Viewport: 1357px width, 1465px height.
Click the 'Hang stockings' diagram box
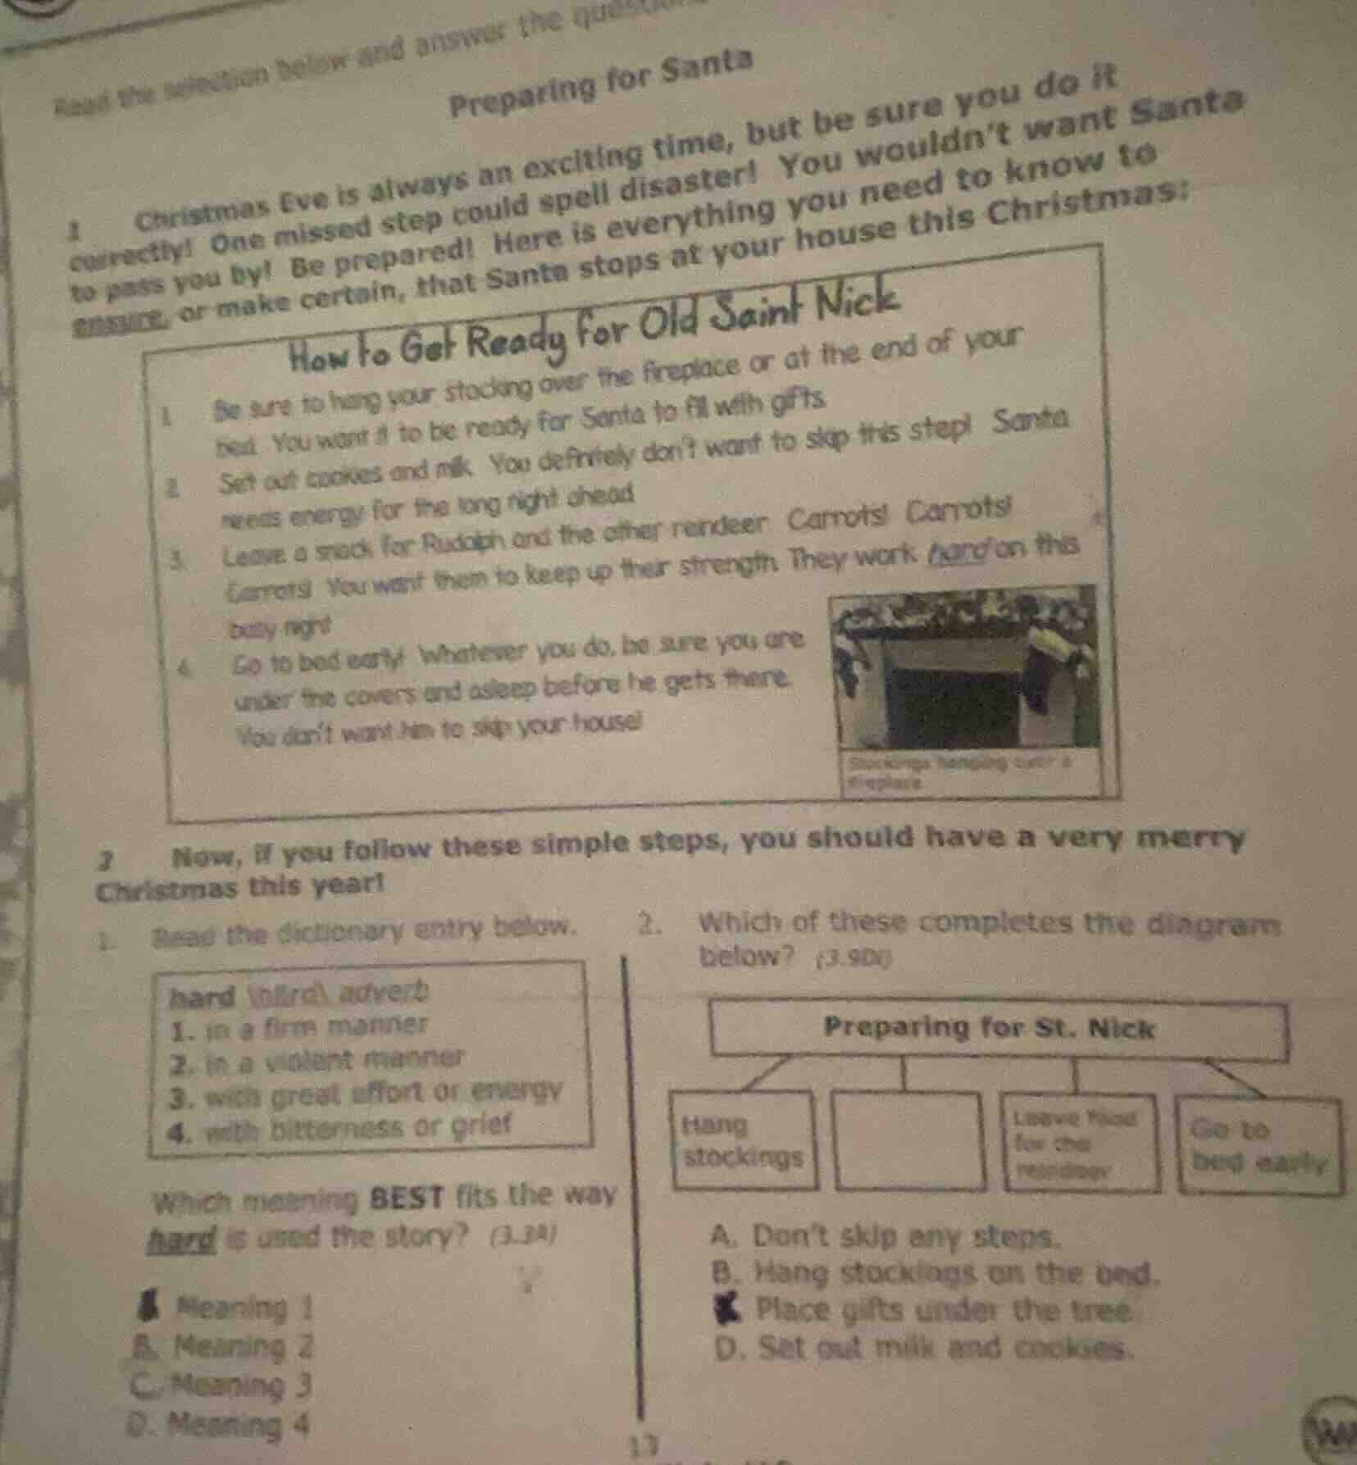(744, 1140)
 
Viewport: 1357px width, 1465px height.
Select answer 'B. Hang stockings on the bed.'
(935, 1273)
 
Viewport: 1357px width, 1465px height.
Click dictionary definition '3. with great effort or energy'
(366, 1094)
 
